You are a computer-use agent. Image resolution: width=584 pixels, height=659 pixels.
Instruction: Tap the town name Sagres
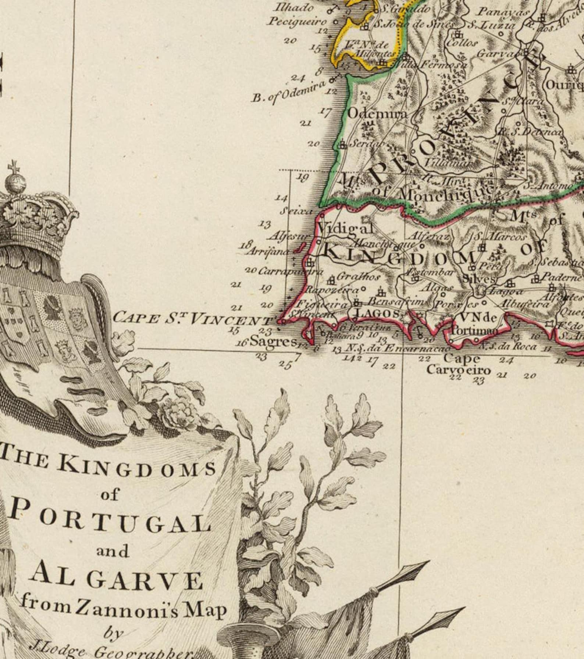click(273, 342)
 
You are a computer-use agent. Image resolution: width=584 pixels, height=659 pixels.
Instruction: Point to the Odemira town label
click(377, 114)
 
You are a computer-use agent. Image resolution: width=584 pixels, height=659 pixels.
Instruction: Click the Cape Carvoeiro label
click(458, 364)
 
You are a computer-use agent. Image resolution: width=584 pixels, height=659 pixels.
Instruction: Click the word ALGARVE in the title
click(117, 581)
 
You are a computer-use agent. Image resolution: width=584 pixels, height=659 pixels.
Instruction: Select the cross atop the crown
click(14, 167)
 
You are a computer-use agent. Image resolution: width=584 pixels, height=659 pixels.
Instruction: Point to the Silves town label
click(477, 279)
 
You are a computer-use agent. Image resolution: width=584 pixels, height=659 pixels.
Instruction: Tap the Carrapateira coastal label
click(291, 272)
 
